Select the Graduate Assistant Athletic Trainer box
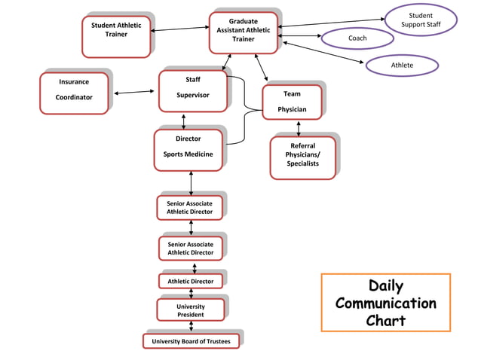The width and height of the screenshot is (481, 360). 243,32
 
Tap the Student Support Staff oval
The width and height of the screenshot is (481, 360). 421,20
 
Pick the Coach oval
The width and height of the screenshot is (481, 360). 357,38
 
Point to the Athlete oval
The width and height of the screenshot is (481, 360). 402,66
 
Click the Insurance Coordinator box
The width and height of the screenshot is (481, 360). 74,92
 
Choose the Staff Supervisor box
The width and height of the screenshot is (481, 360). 192,90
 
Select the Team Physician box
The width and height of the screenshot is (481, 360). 292,102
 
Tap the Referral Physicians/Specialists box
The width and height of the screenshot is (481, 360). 302,157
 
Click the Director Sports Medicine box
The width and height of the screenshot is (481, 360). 188,149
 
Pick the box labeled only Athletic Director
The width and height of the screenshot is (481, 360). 191,282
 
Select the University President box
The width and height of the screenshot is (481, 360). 191,310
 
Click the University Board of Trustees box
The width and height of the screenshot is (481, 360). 191,342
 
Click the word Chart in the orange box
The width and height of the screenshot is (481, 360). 385,320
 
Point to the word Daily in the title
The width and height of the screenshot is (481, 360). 385,286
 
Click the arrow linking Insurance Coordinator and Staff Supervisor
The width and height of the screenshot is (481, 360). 133,93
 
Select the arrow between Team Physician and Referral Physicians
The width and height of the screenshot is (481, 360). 299,127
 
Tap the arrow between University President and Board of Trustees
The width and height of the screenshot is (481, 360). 191,327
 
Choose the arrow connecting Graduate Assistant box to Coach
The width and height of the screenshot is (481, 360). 299,35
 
